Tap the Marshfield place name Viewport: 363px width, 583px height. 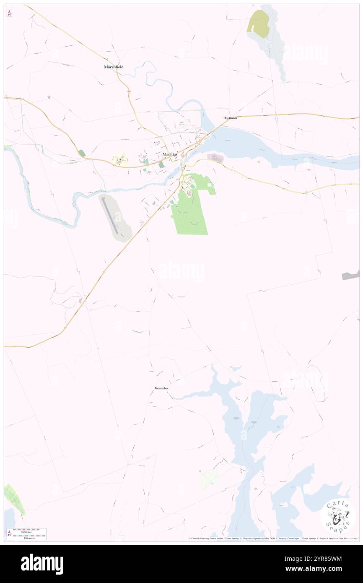click(x=114, y=67)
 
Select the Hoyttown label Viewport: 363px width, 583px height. click(x=230, y=118)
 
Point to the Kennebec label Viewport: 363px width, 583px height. click(x=161, y=389)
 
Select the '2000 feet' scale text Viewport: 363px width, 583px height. click(x=29, y=531)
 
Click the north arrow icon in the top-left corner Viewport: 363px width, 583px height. click(x=9, y=13)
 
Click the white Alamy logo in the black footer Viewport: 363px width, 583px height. click(x=42, y=564)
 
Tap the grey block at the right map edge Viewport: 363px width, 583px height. click(x=351, y=276)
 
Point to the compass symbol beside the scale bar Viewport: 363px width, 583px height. click(x=9, y=534)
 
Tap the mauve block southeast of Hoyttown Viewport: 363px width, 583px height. click(x=215, y=158)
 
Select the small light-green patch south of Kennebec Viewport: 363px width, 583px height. click(x=208, y=479)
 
